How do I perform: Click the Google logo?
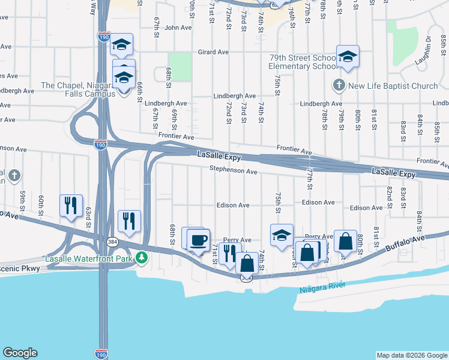click(20, 353)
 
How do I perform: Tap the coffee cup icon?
click(199, 241)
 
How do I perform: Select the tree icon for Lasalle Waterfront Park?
click(142, 258)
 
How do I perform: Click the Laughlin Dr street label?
click(427, 52)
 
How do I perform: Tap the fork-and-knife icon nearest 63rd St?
click(71, 206)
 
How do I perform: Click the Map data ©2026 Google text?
click(411, 355)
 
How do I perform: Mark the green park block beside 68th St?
click(179, 66)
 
